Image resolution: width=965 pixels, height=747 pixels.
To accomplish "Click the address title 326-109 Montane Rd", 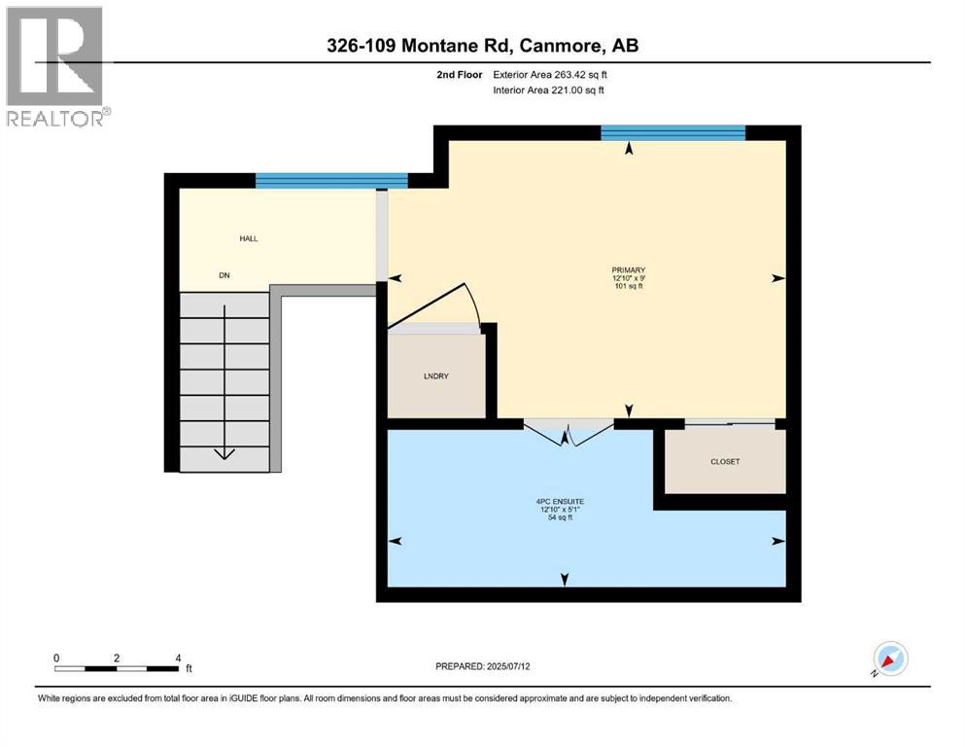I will pos(483,46).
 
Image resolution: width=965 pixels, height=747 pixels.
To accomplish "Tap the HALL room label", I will pos(249,238).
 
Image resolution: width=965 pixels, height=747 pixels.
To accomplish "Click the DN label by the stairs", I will pos(224,275).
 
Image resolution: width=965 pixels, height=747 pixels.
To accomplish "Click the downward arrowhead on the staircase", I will pos(224,451).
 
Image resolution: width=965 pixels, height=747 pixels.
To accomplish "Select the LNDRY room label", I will pos(436,375).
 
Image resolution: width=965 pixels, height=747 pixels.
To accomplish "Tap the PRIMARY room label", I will pos(629,270).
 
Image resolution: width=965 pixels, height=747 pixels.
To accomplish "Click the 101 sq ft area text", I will pos(629,287).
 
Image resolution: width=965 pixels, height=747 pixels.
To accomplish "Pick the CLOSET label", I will pos(724,461).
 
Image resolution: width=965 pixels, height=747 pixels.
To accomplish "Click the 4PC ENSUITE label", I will pos(564,502).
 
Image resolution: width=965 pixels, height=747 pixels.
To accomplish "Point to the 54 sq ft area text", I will pos(564,517).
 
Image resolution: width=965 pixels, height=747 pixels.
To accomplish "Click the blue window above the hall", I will pos(331,180).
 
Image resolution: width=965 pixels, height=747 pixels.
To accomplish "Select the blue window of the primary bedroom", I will pos(672,133).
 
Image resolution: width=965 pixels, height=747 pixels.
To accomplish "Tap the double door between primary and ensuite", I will pos(569,432).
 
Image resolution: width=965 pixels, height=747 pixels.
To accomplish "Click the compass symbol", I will pos(889,659).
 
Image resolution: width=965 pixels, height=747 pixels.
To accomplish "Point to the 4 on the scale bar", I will pos(178,658).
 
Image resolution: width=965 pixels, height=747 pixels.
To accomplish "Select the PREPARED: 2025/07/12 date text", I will pos(482,666).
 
